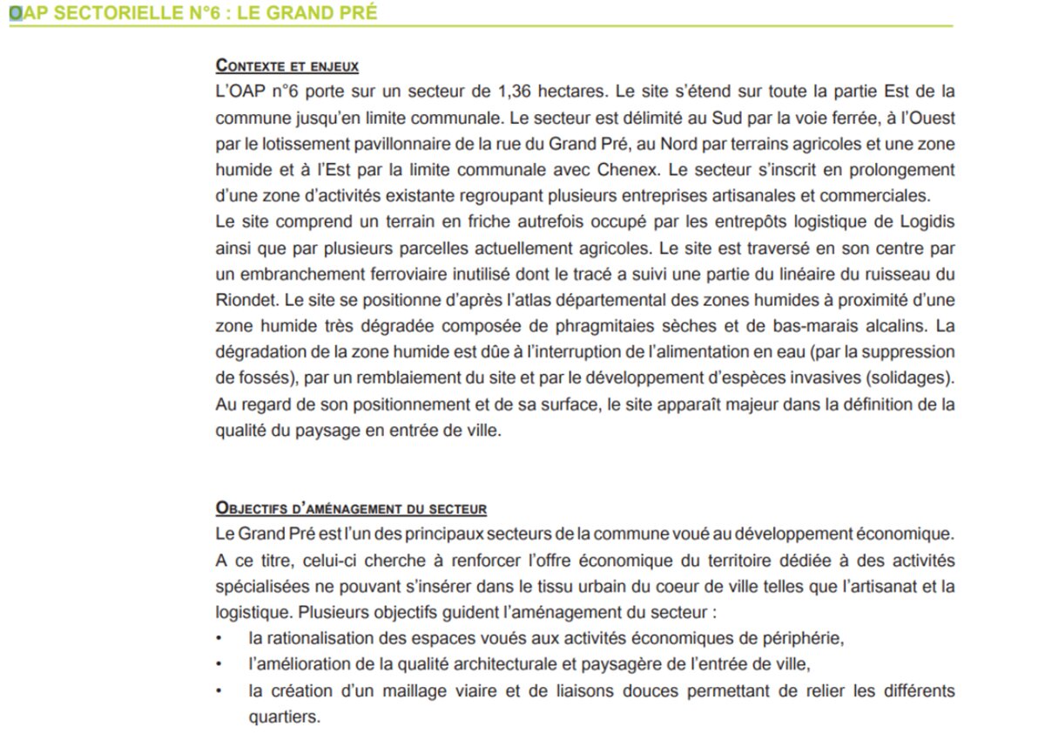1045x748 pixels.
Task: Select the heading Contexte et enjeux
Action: [287, 65]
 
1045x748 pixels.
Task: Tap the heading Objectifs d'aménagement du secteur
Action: [351, 507]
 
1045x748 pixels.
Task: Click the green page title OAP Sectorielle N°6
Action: [193, 15]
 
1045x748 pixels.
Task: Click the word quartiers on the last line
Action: [284, 717]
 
